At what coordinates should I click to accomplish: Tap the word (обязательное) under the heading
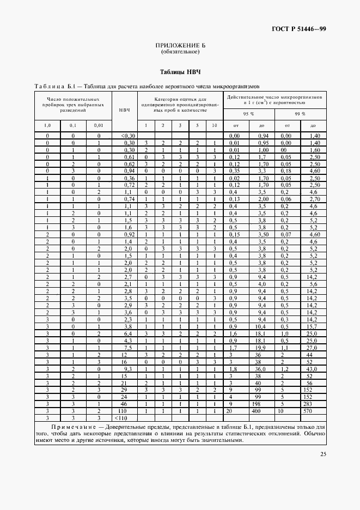tap(180, 53)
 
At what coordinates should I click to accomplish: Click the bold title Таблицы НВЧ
tap(180, 72)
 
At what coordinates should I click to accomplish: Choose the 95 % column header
tap(248, 113)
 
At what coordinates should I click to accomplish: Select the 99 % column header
tap(300, 113)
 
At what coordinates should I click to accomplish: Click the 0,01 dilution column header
tap(99, 126)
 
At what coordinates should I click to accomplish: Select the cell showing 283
tap(313, 405)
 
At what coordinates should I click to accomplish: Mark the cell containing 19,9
tap(261, 347)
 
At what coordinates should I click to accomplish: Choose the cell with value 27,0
tap(313, 347)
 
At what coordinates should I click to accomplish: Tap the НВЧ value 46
tap(124, 405)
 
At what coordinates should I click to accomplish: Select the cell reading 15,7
tap(313, 326)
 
